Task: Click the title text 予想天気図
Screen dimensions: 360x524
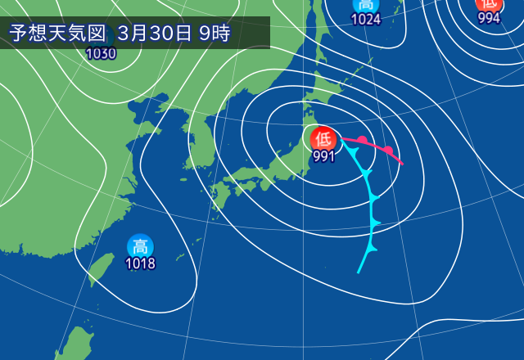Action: [x=57, y=34]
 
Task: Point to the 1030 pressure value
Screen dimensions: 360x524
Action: [x=101, y=54]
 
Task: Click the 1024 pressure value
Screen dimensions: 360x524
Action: [x=366, y=20]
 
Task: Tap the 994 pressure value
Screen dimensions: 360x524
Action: [x=489, y=18]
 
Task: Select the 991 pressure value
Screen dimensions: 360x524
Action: [x=323, y=156]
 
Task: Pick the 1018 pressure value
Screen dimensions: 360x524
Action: [x=140, y=263]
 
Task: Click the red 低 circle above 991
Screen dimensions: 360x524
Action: [x=323, y=137]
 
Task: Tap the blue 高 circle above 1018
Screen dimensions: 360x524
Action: [x=140, y=245]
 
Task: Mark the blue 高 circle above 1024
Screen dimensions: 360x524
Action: [x=366, y=4]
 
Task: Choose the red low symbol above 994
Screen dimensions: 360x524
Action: [x=489, y=4]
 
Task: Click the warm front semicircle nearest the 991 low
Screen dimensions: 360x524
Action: [x=362, y=140]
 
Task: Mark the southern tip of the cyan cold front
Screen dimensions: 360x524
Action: [x=359, y=272]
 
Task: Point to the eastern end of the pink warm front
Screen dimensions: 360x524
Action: [x=403, y=164]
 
